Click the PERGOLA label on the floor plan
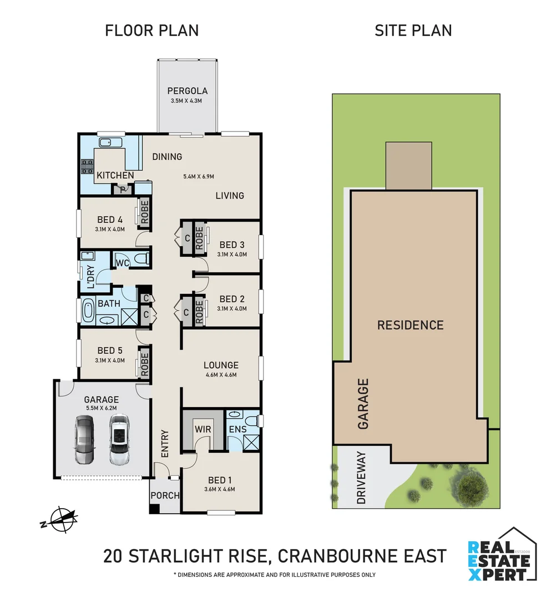[187, 91]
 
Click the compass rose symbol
[62, 520]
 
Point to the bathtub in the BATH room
[88, 312]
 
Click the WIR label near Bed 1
[201, 429]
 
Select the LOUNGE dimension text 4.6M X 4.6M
[220, 375]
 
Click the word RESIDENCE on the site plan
[410, 325]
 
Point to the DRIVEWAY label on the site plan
[361, 478]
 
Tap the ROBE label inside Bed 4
[145, 212]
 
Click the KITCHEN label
[115, 175]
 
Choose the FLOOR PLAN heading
[151, 31]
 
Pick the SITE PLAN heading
[413, 31]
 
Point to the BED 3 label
[232, 245]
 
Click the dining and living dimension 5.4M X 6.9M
[199, 177]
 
